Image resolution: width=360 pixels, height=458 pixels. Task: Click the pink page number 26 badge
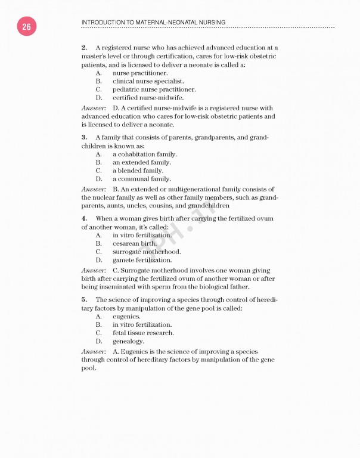(x=26, y=26)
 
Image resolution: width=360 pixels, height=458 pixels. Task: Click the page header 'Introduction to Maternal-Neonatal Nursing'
(x=153, y=22)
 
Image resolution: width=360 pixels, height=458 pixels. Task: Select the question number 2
(x=84, y=47)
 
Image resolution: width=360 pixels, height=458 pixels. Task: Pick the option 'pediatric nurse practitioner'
(x=154, y=89)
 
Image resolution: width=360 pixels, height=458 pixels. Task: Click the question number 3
(x=84, y=138)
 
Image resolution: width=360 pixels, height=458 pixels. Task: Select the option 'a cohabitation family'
(x=144, y=154)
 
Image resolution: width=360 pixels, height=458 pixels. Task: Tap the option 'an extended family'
(x=141, y=162)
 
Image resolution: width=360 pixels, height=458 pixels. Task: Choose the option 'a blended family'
(x=138, y=171)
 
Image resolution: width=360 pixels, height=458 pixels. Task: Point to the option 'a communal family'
(x=141, y=179)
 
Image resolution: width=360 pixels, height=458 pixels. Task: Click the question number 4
(x=84, y=219)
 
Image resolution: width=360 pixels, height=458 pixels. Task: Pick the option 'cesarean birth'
(x=135, y=243)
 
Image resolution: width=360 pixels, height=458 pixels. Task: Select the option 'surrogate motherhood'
(x=147, y=252)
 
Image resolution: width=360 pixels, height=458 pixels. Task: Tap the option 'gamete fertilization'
(x=142, y=260)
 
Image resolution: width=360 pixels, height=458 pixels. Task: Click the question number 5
(x=84, y=300)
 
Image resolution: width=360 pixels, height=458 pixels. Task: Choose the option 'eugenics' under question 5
(x=126, y=317)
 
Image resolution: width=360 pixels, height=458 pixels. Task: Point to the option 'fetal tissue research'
(x=143, y=333)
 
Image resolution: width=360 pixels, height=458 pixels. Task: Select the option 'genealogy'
(x=128, y=341)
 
